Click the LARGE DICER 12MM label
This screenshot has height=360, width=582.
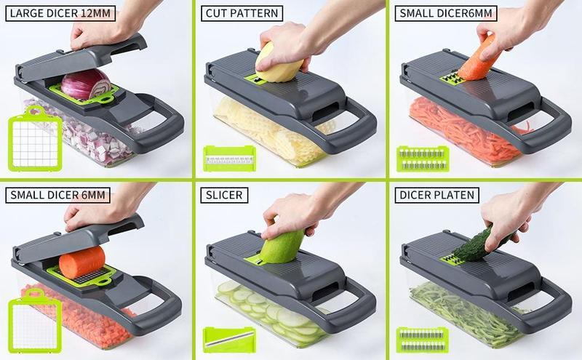click(x=59, y=14)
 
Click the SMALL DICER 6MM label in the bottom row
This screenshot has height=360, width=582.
click(x=59, y=194)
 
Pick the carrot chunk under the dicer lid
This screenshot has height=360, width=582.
click(x=81, y=262)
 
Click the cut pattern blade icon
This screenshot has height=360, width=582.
click(x=228, y=157)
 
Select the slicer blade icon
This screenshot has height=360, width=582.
click(x=228, y=337)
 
